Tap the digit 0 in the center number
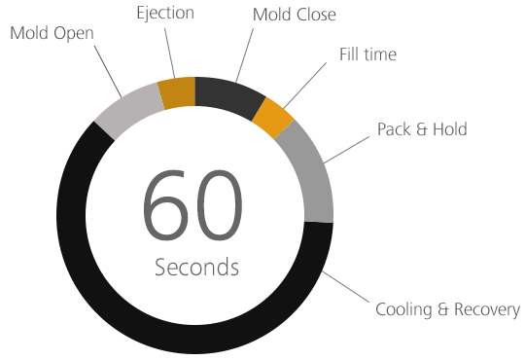[220, 208]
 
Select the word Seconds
[195, 267]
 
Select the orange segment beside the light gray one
[178, 92]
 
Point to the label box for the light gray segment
[51, 33]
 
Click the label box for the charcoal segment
[295, 15]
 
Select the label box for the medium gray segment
[422, 129]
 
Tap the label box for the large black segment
[447, 311]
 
